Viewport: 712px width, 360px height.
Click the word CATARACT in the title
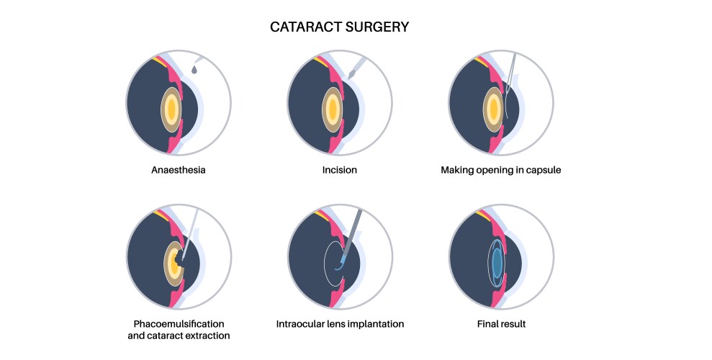click(302, 27)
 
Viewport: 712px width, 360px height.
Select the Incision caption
click(341, 171)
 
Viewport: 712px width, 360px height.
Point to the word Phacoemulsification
click(180, 324)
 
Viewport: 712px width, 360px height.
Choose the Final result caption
click(501, 324)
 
